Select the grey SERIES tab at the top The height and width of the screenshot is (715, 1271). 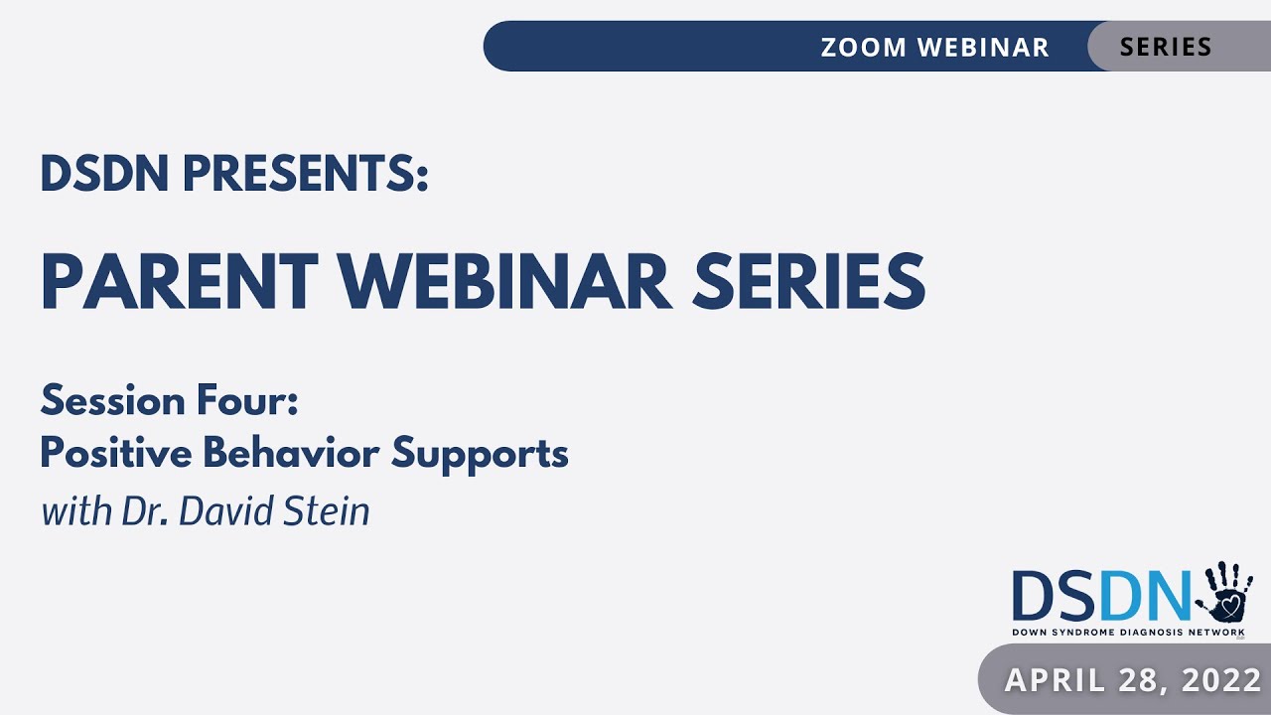(1166, 47)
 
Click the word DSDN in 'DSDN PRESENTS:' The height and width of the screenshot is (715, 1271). (103, 175)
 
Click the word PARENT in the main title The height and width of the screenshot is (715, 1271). (179, 281)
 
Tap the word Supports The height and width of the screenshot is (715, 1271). (480, 454)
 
